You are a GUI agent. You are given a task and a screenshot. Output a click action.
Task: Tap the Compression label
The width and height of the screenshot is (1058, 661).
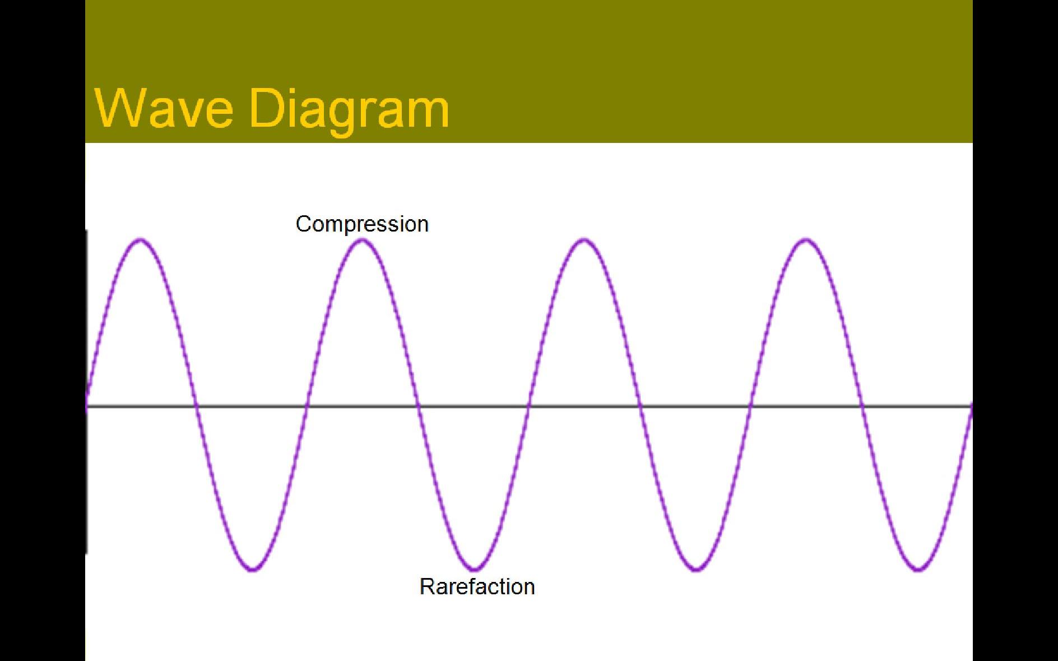362,224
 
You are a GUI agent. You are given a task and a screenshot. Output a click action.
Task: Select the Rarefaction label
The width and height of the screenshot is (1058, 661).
477,586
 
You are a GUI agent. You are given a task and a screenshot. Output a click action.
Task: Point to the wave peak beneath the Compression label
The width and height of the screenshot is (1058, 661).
363,241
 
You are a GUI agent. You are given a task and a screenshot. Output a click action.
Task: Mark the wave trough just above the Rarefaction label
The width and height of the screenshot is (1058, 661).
474,569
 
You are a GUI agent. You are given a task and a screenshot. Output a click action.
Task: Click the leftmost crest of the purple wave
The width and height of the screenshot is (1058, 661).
141,241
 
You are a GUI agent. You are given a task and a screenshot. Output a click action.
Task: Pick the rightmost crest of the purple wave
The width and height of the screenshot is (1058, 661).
806,241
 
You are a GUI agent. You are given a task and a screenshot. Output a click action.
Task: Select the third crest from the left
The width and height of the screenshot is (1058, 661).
584,241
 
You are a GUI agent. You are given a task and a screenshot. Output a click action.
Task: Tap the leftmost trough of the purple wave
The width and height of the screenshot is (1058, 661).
252,569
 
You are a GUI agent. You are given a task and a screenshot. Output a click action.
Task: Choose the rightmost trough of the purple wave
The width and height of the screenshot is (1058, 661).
917,569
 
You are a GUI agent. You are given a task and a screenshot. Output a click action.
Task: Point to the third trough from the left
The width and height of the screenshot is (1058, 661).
696,569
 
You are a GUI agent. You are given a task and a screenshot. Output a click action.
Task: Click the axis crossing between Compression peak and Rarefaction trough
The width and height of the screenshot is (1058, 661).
418,405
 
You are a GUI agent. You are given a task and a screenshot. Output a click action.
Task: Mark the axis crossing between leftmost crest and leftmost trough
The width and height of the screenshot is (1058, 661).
196,405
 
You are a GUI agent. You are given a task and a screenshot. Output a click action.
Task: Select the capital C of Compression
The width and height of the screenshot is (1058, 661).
303,224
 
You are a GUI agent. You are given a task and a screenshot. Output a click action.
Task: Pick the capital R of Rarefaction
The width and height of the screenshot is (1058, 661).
426,586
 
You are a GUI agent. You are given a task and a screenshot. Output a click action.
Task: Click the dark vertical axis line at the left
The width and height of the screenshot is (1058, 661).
86,391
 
